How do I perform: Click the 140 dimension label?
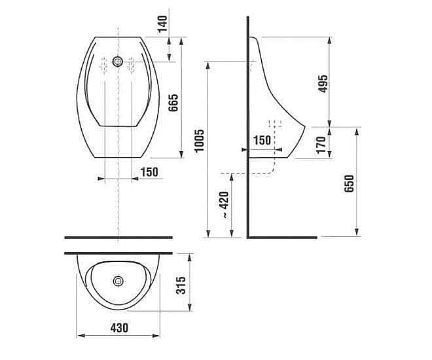162,24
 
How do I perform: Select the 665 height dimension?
173,103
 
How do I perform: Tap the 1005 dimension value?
199,141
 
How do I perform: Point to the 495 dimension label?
323,84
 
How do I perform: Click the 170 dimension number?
321,145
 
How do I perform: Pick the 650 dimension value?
349,184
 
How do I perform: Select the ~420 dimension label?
225,205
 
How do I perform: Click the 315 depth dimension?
181,285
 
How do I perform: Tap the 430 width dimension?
119,328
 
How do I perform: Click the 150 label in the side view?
262,140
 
